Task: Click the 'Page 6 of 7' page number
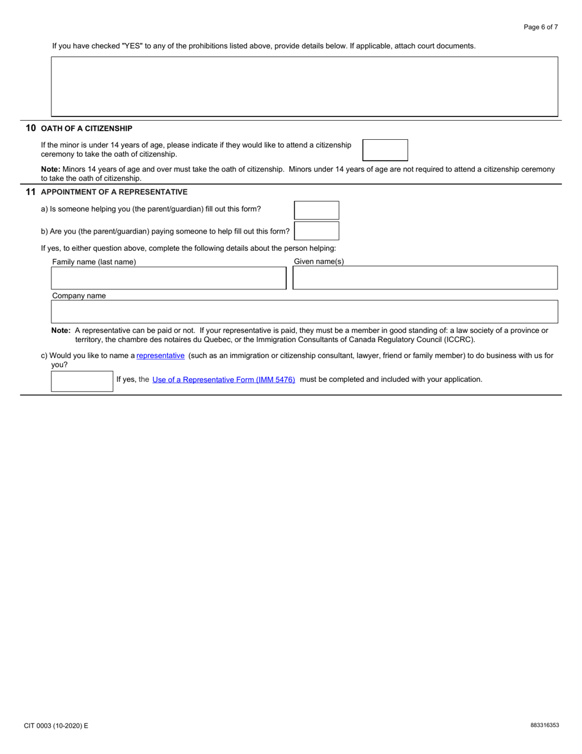[x=540, y=27]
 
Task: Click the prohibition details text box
[x=304, y=86]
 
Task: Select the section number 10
[x=31, y=128]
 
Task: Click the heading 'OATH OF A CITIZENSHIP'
[x=86, y=129]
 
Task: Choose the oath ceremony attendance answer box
[x=385, y=150]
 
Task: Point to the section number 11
[x=31, y=192]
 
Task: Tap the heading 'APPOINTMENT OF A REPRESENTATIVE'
[x=114, y=192]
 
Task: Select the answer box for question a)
[x=316, y=210]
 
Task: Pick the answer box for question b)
[x=316, y=231]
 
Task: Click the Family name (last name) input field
[x=168, y=278]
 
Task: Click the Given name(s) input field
[x=425, y=278]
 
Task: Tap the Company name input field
[x=304, y=311]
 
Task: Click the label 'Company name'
[x=79, y=296]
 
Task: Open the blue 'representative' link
[x=161, y=356]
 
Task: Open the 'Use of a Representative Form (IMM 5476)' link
[x=224, y=380]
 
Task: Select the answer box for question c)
[x=82, y=381]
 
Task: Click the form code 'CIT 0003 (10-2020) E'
[x=56, y=726]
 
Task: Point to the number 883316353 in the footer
[x=545, y=725]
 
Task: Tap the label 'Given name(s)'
[x=319, y=262]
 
